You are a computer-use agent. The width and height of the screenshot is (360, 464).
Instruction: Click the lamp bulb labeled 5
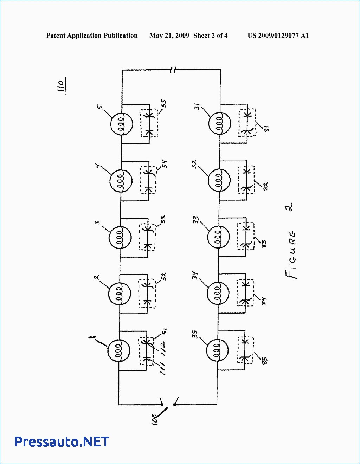(122, 124)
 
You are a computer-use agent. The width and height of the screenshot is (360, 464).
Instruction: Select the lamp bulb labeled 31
(220, 123)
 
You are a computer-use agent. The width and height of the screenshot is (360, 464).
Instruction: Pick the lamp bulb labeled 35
(217, 351)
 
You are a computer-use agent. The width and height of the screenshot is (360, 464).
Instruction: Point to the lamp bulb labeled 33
(218, 237)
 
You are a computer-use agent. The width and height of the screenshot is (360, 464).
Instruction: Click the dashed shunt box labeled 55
(149, 123)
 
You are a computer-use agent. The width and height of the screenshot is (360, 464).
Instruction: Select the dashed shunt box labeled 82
(246, 180)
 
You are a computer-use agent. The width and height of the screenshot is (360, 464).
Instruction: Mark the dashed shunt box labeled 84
(245, 292)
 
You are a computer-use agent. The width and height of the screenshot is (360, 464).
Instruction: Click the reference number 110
(61, 86)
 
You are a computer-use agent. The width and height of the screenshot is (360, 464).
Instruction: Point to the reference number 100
(155, 419)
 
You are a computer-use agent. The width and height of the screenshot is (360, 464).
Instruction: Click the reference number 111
(163, 369)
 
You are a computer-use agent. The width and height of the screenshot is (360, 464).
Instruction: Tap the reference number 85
(265, 361)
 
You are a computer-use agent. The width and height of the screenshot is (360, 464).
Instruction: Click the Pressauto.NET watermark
(62, 442)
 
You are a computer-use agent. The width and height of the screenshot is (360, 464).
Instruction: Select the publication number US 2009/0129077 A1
(278, 36)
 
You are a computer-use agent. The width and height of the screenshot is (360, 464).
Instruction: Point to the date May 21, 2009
(169, 36)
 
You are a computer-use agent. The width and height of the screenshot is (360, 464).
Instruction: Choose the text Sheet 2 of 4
(210, 36)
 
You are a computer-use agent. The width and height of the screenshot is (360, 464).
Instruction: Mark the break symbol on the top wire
(172, 70)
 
